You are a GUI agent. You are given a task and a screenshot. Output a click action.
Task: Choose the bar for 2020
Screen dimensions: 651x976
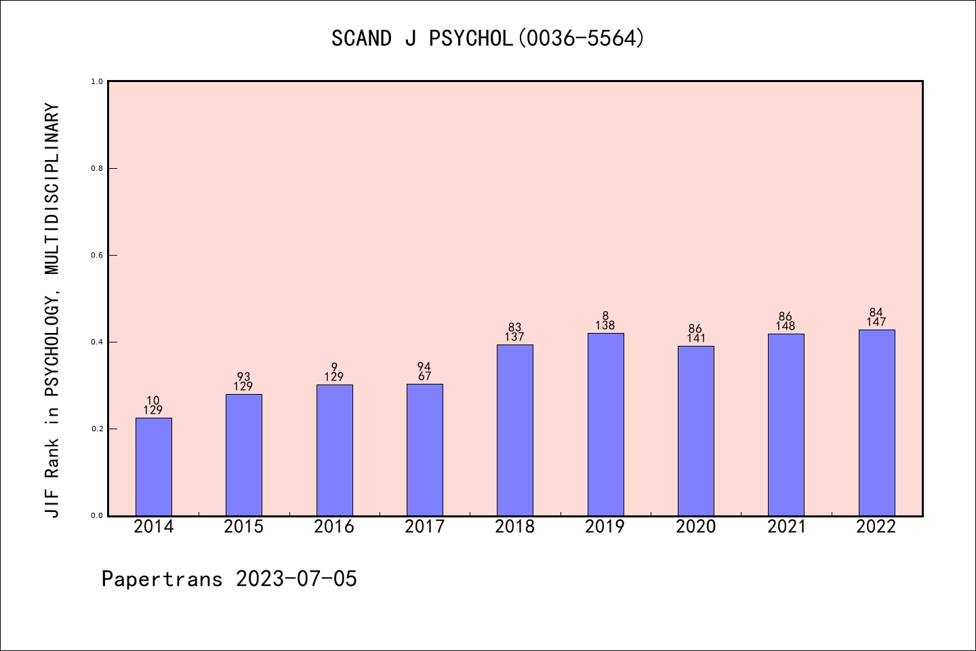695,431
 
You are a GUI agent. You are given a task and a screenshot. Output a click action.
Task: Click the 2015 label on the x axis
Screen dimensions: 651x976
243,527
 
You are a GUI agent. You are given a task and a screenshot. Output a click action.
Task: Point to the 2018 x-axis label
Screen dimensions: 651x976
514,527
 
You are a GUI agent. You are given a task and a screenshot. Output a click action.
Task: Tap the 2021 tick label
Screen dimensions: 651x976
786,527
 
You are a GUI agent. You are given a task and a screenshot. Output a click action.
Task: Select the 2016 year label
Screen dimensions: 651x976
334,527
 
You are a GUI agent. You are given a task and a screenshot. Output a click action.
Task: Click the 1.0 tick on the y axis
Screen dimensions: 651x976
97,81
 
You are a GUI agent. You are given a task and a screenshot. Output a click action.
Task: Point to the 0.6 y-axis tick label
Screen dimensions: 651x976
97,255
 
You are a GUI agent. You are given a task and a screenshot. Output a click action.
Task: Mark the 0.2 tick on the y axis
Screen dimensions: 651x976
97,429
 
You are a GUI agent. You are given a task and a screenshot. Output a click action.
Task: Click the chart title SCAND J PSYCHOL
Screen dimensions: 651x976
488,38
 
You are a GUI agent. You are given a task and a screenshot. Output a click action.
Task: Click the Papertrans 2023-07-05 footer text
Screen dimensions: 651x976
229,579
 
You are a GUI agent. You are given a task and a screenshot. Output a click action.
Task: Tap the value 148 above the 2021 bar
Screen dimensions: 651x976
786,326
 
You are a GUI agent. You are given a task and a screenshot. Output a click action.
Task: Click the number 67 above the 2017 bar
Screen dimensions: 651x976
425,376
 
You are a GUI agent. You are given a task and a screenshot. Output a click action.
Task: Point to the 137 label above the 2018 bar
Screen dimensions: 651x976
514,337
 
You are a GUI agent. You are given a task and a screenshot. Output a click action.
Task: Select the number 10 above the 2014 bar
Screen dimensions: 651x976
153,401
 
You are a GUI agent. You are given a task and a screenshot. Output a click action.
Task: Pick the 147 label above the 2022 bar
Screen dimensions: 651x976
876,322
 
